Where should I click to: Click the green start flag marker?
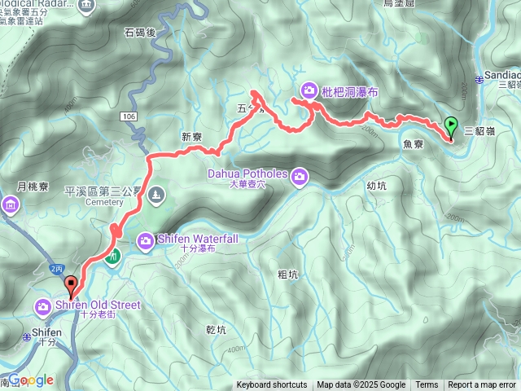coord(452,127)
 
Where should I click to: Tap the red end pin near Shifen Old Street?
coord(71,286)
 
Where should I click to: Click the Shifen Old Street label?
coord(98,305)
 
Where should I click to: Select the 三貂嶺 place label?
coord(479,130)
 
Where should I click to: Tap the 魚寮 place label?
coord(413,143)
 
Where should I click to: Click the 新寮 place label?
coord(191,137)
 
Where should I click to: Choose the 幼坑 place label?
coord(376,185)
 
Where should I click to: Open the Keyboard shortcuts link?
coord(272,385)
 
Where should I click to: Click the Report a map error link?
coord(484,385)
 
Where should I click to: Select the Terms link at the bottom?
coord(427,385)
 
